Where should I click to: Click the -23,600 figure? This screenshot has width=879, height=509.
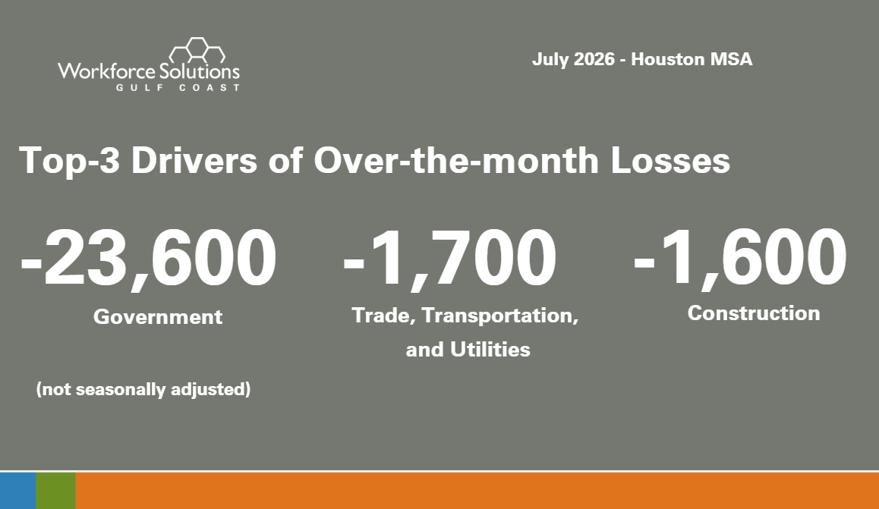point(149,259)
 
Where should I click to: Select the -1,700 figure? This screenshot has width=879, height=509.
point(449,259)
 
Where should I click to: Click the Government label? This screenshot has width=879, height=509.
point(158,317)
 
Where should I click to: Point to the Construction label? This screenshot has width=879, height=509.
point(754,313)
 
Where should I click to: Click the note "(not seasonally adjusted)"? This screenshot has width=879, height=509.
point(143,389)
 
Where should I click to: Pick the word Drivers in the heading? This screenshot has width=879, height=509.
point(194,160)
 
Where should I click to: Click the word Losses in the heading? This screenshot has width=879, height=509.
point(670,160)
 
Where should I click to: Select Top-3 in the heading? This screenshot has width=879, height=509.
point(70,161)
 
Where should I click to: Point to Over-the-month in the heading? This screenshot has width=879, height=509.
point(456,160)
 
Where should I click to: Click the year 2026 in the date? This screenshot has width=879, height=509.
point(594,59)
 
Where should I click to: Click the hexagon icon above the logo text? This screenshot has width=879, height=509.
point(197,50)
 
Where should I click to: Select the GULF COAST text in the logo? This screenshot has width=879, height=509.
point(178,87)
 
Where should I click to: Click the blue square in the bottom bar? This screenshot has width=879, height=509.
point(18,491)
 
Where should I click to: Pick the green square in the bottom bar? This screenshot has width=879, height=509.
point(55,491)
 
